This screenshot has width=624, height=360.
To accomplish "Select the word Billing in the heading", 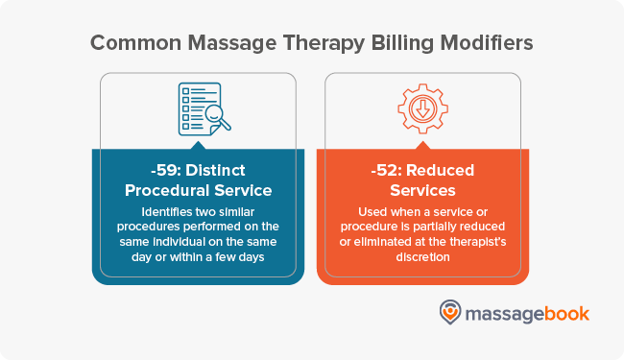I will tap(396, 43).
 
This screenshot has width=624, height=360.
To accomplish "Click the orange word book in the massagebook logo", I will tap(567, 313).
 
